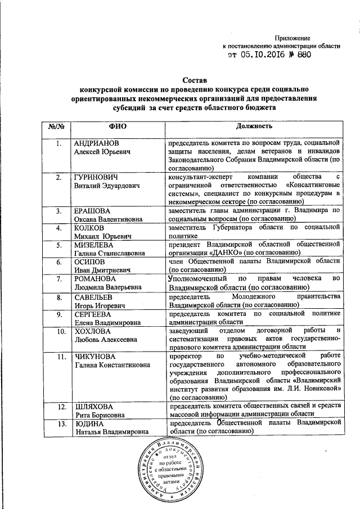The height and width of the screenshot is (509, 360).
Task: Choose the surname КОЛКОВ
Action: click(x=90, y=228)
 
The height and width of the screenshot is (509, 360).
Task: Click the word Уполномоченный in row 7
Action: click(x=197, y=278)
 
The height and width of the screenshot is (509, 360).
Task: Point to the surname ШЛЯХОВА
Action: click(x=94, y=406)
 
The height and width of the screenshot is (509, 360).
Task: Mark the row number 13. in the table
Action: click(x=58, y=422)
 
